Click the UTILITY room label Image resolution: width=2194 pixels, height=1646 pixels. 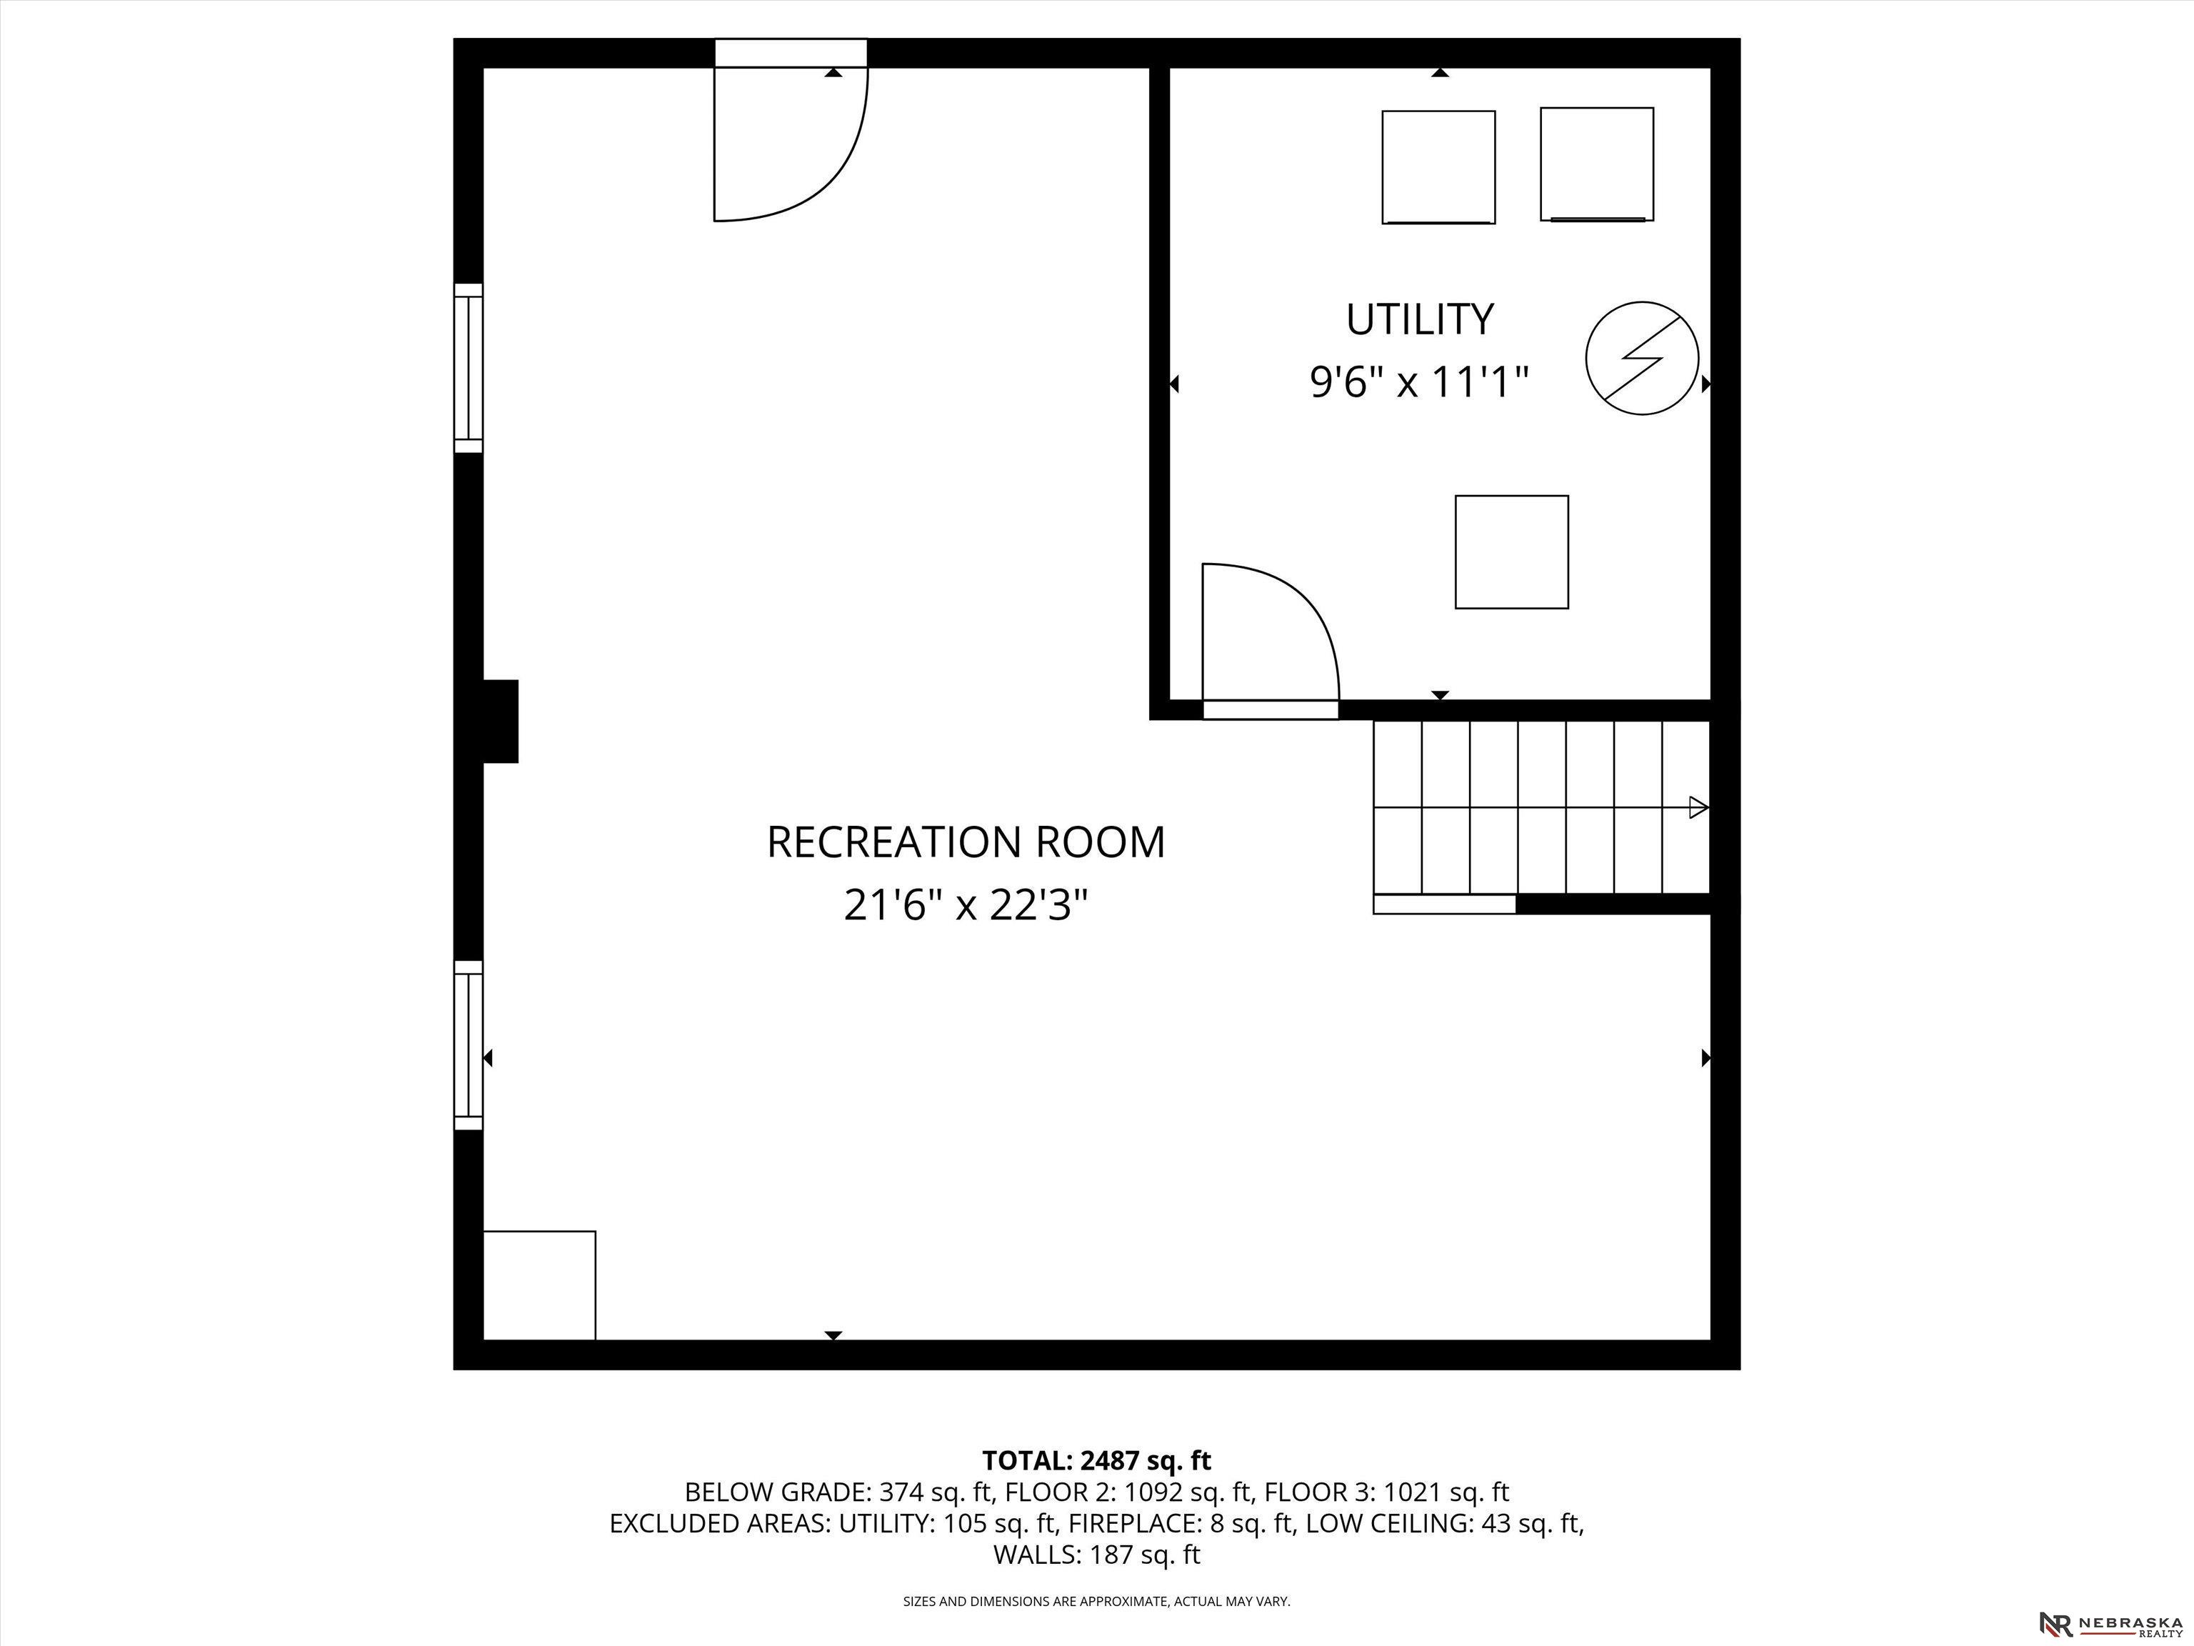click(x=1419, y=319)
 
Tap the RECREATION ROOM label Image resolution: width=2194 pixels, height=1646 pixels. click(x=966, y=842)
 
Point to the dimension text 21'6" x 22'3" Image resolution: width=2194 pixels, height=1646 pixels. click(x=966, y=905)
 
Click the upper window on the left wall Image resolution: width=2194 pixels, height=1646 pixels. click(x=469, y=368)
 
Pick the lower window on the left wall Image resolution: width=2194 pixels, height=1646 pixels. click(x=469, y=1044)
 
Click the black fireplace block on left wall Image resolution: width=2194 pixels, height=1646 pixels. click(x=500, y=722)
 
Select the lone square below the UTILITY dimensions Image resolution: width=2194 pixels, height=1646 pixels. click(x=1512, y=552)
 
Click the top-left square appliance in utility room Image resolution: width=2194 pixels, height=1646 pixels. click(x=1438, y=166)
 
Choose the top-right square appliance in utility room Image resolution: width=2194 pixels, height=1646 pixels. click(x=1597, y=164)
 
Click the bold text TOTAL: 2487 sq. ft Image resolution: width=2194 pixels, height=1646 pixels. click(x=1096, y=1460)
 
